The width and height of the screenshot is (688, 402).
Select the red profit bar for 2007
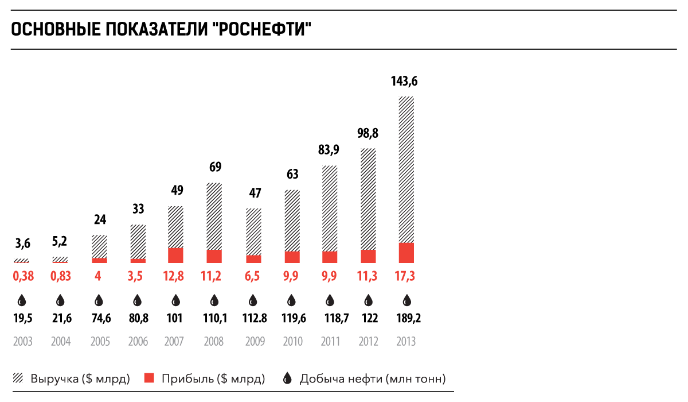(175, 256)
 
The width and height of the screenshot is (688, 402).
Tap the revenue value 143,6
(404, 81)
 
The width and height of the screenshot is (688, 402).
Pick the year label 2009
(255, 342)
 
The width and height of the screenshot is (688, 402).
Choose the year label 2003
(22, 342)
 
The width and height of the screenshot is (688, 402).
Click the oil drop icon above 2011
(330, 300)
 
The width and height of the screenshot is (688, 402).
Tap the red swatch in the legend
(150, 378)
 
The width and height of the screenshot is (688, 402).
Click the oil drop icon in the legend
(288, 378)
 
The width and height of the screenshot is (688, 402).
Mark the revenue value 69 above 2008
(215, 168)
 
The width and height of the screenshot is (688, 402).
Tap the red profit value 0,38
(24, 276)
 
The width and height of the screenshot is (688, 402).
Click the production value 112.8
(253, 319)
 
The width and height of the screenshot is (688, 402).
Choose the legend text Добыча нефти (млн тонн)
(373, 379)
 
